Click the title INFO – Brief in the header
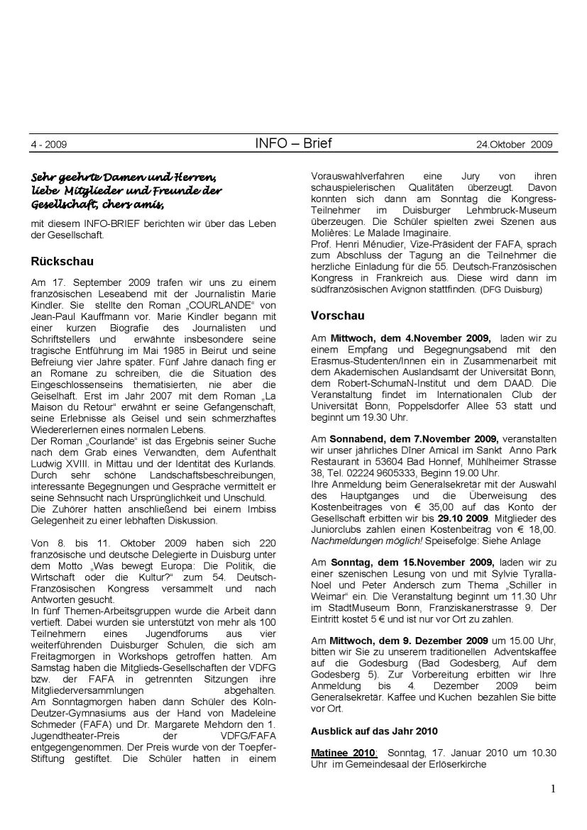(x=292, y=143)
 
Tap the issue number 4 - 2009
(x=48, y=145)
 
